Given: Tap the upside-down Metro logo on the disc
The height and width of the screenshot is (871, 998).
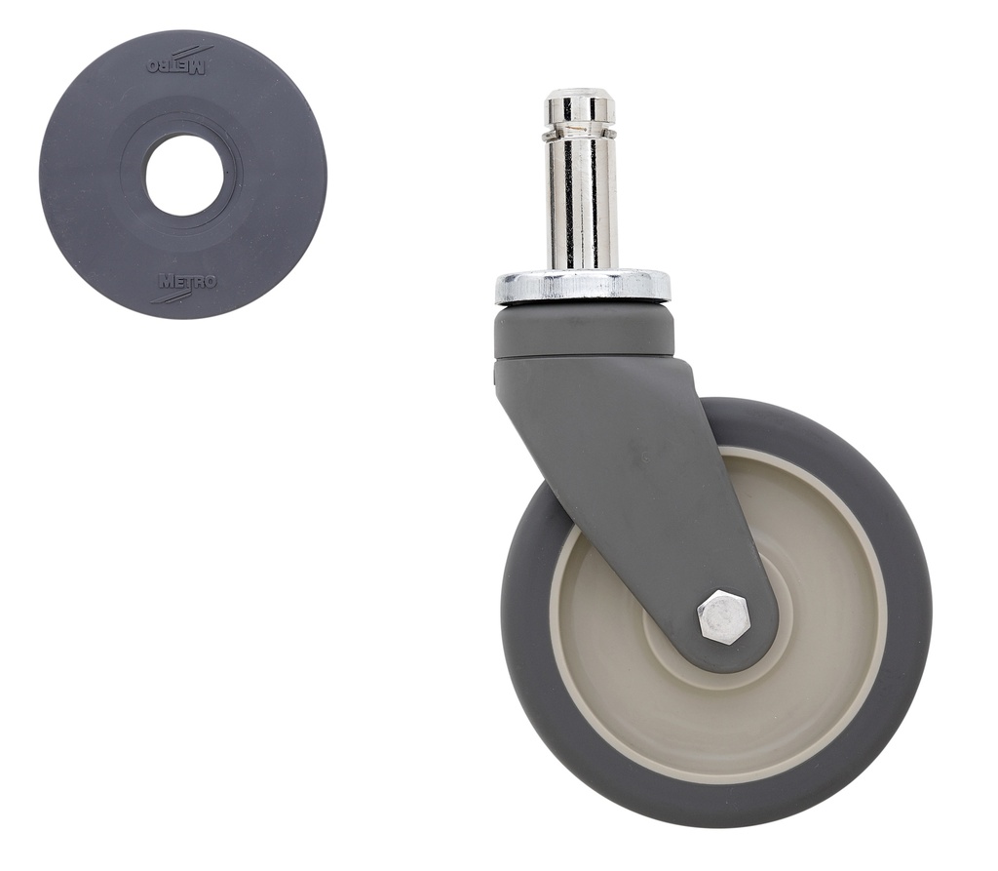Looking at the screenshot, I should (179, 66).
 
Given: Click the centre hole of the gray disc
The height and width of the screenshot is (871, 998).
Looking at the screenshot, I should (183, 176).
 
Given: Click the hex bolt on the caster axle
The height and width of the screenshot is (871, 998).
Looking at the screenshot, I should (723, 615).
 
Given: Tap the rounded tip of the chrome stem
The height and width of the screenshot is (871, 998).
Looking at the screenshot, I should (579, 99).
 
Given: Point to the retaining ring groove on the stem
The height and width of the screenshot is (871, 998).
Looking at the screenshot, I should (579, 128).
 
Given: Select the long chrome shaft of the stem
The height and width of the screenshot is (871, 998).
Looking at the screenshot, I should (579, 205).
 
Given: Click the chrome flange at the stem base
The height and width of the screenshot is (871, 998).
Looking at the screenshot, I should (583, 287).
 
